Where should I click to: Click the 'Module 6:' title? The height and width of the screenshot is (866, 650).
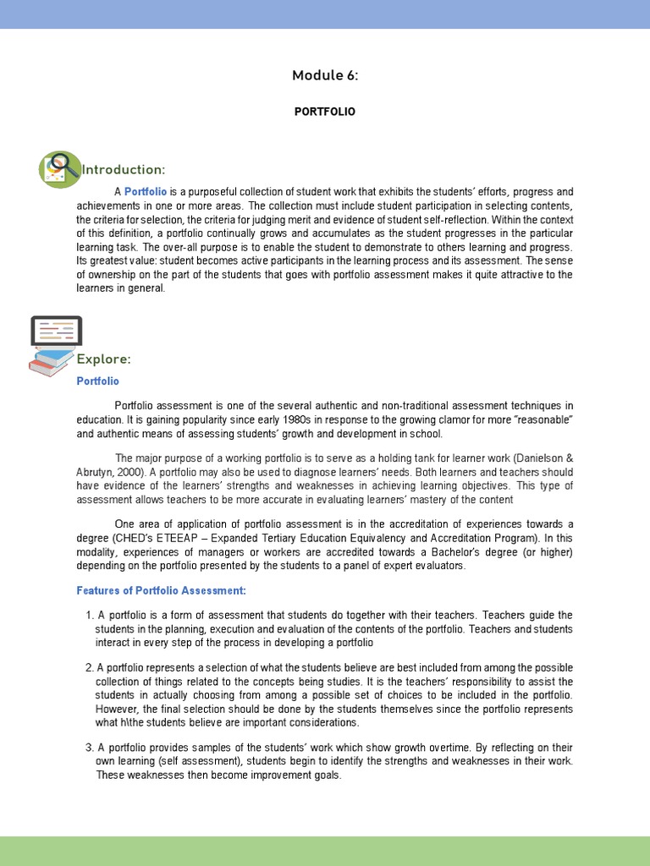click(325, 75)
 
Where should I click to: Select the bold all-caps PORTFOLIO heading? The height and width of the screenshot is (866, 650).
click(325, 112)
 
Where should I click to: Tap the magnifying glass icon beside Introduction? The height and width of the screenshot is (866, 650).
click(59, 169)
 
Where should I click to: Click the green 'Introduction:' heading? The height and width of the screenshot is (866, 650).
click(123, 170)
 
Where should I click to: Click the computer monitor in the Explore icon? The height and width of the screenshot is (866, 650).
click(56, 331)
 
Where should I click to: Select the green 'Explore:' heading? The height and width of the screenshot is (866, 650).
click(104, 359)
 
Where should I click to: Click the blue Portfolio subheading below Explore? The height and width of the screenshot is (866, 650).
click(98, 381)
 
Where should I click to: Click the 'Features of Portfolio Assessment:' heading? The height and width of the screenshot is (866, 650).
click(162, 590)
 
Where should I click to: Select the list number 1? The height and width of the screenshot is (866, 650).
click(89, 615)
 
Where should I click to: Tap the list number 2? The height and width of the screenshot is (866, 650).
click(89, 667)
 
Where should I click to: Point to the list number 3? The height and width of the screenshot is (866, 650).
click(89, 748)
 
